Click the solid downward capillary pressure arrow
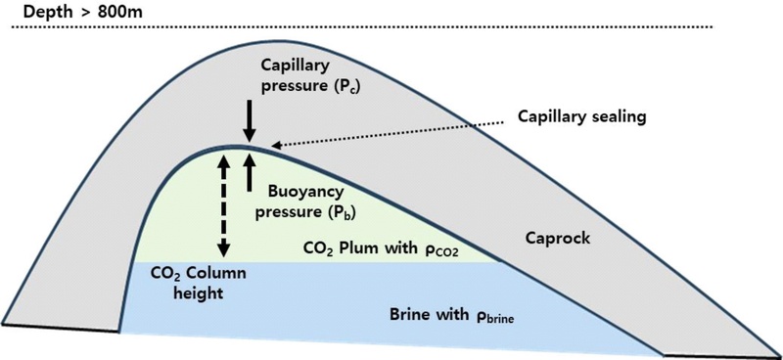click(x=250, y=122)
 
